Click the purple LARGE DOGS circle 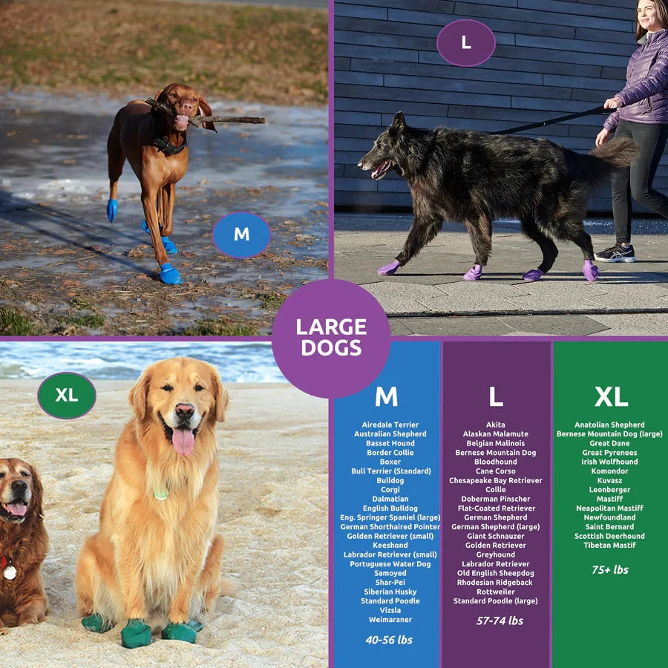click(x=331, y=338)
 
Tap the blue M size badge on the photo click(x=241, y=235)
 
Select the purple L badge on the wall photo click(x=465, y=43)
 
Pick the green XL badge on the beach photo click(x=67, y=396)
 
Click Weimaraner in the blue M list click(x=390, y=620)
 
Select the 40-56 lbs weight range click(x=389, y=640)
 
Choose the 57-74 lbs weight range click(x=500, y=620)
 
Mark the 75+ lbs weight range click(x=610, y=570)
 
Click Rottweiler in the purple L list click(x=496, y=592)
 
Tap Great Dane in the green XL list click(x=609, y=443)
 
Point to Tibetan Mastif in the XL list click(x=609, y=546)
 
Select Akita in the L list click(x=496, y=425)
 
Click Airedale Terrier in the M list click(x=390, y=425)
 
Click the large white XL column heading click(x=611, y=397)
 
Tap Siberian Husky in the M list click(x=390, y=592)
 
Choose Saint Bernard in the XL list click(x=609, y=527)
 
